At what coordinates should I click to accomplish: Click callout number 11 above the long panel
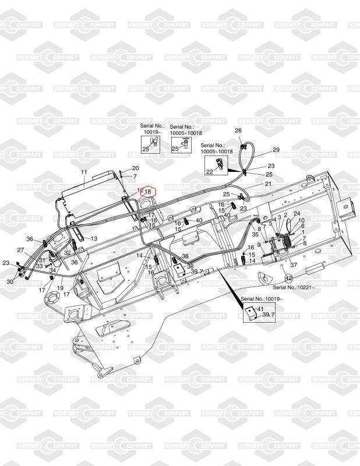coord(83,172)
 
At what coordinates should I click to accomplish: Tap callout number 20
coord(135,168)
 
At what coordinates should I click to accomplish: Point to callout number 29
coord(276,150)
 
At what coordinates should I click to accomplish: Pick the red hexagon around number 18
coord(148,191)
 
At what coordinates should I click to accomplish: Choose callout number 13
coord(93,239)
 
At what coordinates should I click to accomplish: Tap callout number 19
coord(60,288)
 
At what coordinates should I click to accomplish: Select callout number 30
coord(9,282)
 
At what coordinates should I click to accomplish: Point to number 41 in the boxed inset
coord(260,308)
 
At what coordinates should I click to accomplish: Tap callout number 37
coord(294,265)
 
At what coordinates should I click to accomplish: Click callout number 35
coord(255,234)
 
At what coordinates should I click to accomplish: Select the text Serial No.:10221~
coord(294,288)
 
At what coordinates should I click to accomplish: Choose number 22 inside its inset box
coord(209,171)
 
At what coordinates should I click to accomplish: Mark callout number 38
coord(190,266)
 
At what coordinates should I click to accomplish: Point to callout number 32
coord(67,252)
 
